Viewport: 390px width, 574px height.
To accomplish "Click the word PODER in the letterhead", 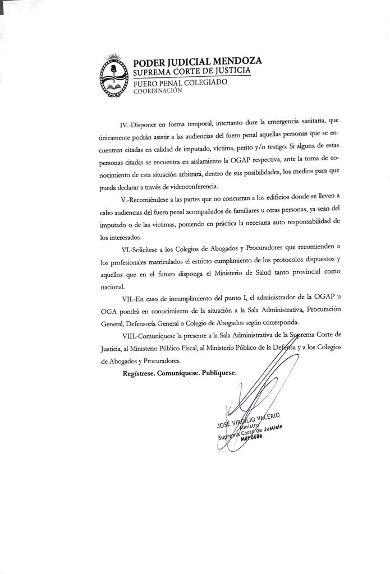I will click(x=149, y=62).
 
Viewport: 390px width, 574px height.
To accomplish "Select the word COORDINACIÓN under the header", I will click(x=158, y=91).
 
